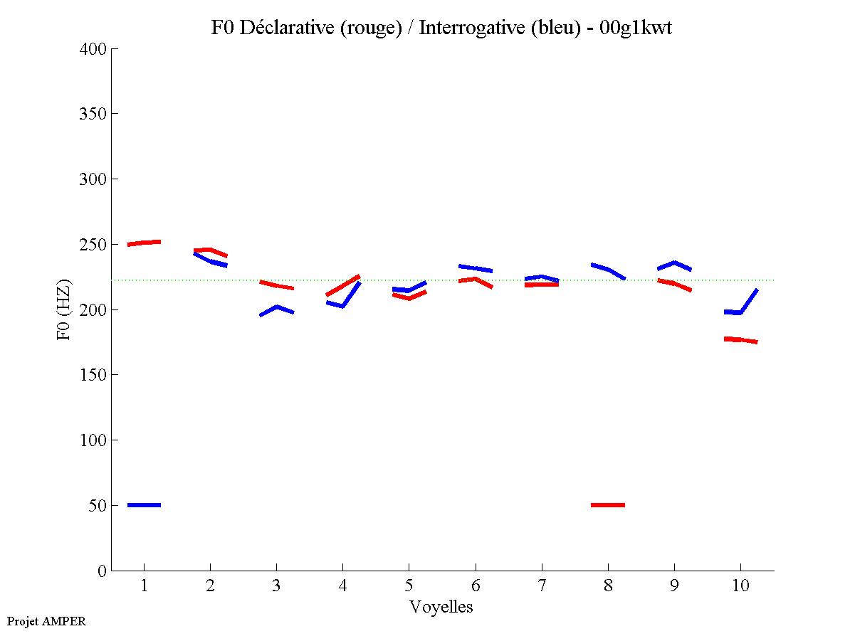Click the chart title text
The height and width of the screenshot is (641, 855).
point(441,28)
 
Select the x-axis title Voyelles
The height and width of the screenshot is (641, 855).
point(441,607)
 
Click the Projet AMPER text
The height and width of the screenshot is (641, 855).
point(46,621)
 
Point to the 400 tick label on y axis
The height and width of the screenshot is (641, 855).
point(93,49)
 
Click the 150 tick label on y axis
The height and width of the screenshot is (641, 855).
point(93,375)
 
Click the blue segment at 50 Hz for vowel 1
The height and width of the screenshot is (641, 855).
point(144,505)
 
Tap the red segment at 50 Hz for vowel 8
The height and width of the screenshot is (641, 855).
point(608,505)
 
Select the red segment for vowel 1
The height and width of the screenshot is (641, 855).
point(144,243)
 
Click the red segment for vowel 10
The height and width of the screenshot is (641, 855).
point(740,340)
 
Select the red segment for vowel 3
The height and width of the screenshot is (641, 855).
point(276,285)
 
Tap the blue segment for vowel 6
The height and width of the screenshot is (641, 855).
point(475,268)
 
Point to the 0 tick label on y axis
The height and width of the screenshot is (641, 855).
point(103,571)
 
